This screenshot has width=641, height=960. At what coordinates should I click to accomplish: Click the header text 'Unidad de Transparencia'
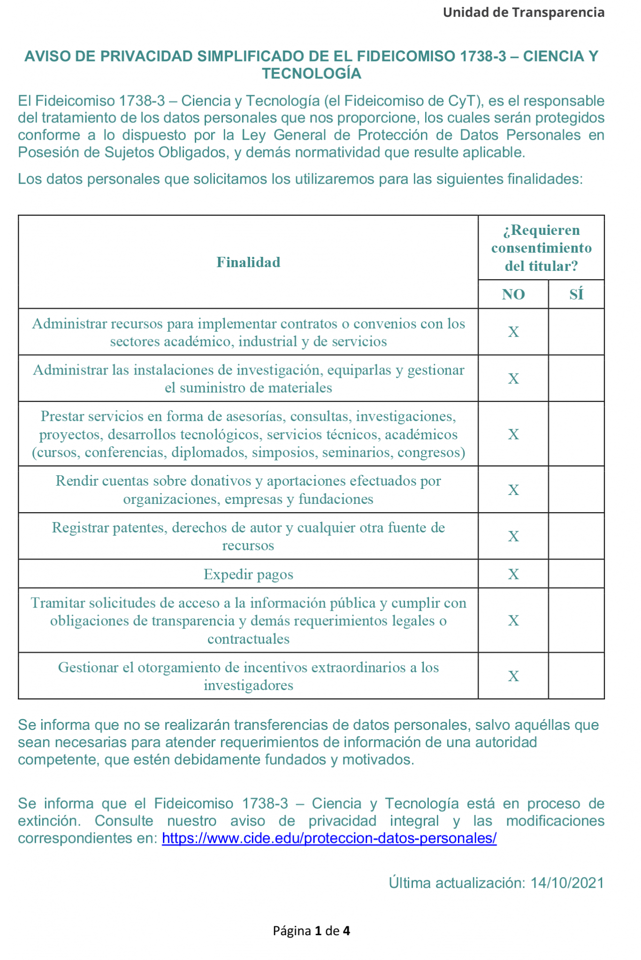[x=523, y=13]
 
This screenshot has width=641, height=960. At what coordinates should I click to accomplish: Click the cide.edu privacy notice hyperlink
[x=329, y=838]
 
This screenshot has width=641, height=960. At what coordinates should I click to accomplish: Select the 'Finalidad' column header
[x=248, y=262]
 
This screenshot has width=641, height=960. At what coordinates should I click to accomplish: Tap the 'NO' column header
[x=513, y=294]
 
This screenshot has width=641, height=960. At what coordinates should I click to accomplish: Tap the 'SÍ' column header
[x=576, y=294]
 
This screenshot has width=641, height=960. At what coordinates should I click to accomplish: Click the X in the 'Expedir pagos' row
[x=513, y=574]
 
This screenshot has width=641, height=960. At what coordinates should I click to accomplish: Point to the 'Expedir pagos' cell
[x=248, y=574]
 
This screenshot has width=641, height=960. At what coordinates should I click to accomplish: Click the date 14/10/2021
[x=567, y=883]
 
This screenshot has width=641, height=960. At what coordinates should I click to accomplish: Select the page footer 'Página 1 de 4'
[x=312, y=930]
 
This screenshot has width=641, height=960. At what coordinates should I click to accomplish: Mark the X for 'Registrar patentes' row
[x=513, y=536]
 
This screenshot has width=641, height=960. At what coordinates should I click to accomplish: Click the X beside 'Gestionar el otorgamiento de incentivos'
[x=513, y=676]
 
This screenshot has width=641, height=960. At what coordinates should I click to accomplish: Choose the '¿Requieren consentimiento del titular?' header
[x=541, y=248]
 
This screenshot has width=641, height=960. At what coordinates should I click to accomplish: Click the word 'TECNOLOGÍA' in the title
[x=312, y=74]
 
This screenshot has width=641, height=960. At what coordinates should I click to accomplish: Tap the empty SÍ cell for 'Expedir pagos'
[x=576, y=574]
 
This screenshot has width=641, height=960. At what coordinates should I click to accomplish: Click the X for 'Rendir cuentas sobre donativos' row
[x=513, y=490]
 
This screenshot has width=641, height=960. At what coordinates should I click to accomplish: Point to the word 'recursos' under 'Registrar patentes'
[x=248, y=546]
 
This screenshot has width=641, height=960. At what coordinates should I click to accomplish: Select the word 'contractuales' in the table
[x=248, y=639]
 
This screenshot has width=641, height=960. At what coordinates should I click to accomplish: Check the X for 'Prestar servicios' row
[x=513, y=434]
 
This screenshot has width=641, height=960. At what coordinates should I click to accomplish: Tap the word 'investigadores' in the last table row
[x=248, y=685]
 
